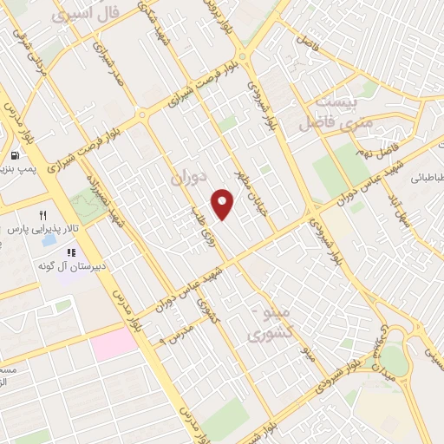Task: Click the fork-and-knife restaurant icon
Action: (x=43, y=214)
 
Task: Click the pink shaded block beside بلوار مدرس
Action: (x=114, y=344)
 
